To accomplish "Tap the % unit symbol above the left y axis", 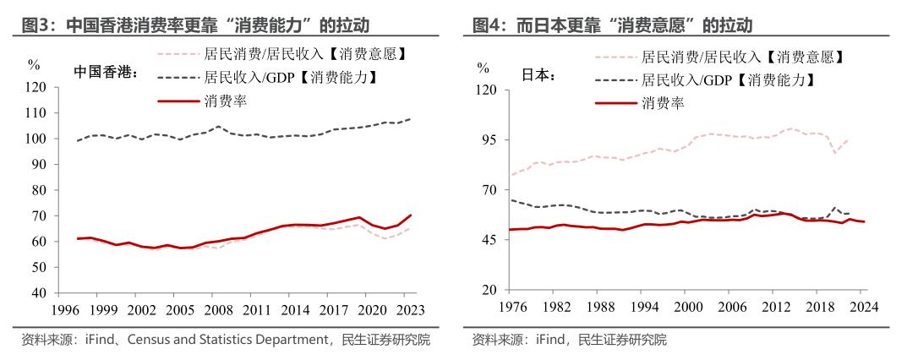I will pos(34,64).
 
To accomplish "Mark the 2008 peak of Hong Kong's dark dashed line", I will pos(218,127).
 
